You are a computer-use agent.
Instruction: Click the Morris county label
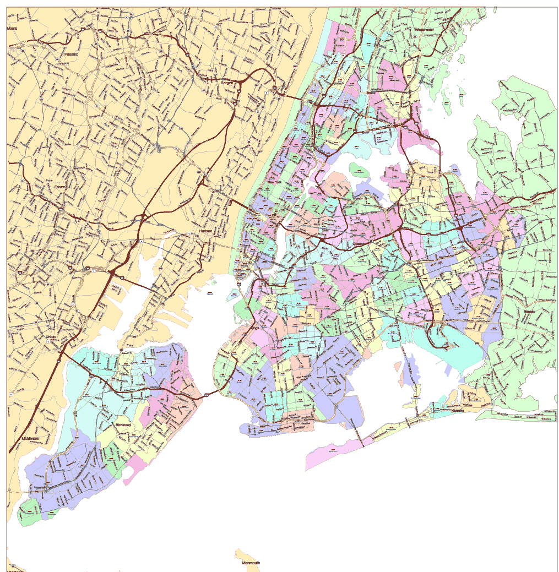12,28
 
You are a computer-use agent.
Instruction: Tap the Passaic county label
71,55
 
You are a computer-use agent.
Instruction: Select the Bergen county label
227,83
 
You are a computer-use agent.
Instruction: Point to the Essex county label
59,187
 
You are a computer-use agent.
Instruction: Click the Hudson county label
205,231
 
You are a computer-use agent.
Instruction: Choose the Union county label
51,336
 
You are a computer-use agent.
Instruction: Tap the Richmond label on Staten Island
123,425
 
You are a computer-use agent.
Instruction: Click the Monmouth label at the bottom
251,563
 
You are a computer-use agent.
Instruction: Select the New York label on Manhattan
274,182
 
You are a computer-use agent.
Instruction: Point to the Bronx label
371,93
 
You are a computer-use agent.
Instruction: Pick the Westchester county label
425,29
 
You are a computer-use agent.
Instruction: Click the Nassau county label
529,312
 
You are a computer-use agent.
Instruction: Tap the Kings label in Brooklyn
255,329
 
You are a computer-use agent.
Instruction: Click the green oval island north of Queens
360,168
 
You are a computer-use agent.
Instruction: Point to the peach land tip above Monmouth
240,553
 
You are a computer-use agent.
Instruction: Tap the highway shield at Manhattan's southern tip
238,285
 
